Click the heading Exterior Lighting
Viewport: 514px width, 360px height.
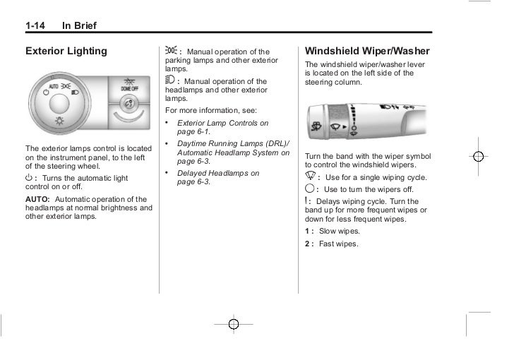(66, 51)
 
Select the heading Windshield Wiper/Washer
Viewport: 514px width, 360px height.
(366, 51)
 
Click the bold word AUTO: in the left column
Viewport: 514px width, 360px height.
(38, 199)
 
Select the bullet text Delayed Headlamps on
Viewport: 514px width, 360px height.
(217, 173)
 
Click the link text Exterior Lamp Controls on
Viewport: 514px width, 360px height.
(222, 123)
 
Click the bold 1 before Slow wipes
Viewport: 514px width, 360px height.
(307, 232)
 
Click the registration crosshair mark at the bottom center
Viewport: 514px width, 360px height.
(234, 323)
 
